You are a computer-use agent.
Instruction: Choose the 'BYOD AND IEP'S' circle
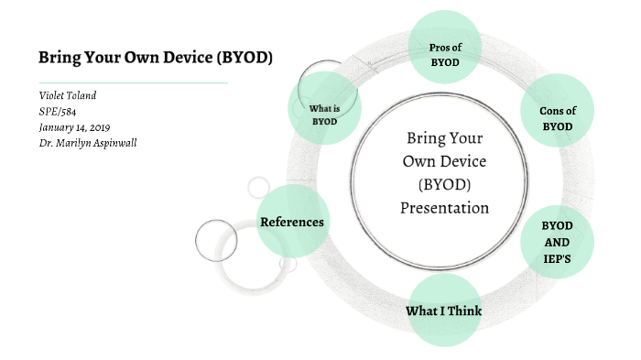pyautogui.click(x=556, y=242)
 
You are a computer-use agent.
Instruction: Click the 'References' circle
pyautogui.click(x=292, y=222)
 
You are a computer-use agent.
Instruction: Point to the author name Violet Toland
pyautogui.click(x=68, y=96)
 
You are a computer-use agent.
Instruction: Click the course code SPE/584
pyautogui.click(x=59, y=112)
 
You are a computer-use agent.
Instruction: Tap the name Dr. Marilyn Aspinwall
pyautogui.click(x=88, y=143)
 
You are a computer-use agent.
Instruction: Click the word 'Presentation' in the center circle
pyautogui.click(x=444, y=208)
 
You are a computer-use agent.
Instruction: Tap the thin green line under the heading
pyautogui.click(x=133, y=82)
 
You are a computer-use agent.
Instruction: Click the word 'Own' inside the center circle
pyautogui.click(x=421, y=161)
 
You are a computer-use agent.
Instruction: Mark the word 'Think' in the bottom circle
pyautogui.click(x=463, y=311)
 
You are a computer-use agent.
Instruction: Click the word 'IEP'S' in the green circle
pyautogui.click(x=556, y=258)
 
